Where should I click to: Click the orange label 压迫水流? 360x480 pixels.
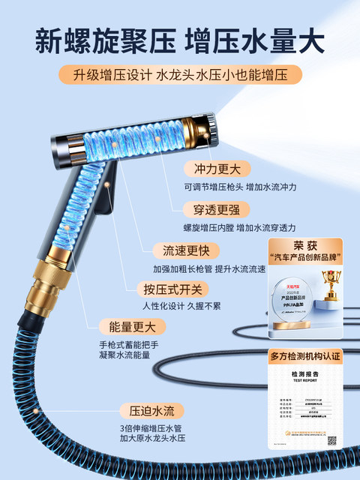151,410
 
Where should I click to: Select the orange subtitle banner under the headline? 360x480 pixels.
180,75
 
